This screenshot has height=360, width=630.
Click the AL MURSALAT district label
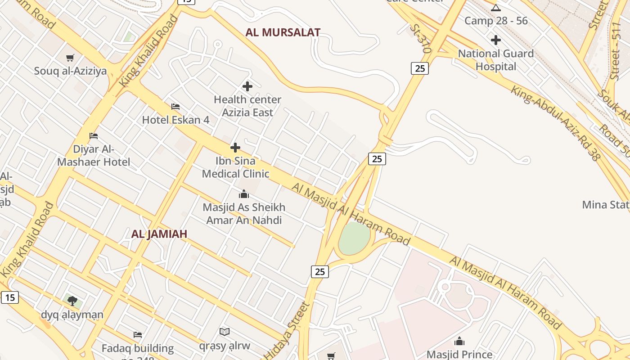pyautogui.click(x=283, y=32)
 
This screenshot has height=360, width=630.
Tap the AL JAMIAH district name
pyautogui.click(x=159, y=234)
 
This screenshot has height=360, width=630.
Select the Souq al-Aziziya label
pyautogui.click(x=71, y=71)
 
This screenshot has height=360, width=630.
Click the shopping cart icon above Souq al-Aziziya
pyautogui.click(x=70, y=58)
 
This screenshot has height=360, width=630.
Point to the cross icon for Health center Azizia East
pyautogui.click(x=247, y=86)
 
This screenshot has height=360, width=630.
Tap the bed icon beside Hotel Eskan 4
pyautogui.click(x=175, y=107)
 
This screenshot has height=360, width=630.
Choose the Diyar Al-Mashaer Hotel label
pyautogui.click(x=94, y=156)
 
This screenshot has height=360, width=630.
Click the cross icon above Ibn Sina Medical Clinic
pyautogui.click(x=235, y=148)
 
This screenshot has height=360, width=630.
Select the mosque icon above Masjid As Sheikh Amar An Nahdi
pyautogui.click(x=244, y=194)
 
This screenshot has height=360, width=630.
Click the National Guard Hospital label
pyautogui.click(x=496, y=60)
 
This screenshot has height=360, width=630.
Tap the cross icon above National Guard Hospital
pyautogui.click(x=496, y=40)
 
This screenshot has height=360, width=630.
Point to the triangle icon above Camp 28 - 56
pyautogui.click(x=496, y=8)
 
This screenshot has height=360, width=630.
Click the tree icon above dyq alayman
pyautogui.click(x=72, y=301)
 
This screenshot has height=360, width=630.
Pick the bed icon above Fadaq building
pyautogui.click(x=138, y=335)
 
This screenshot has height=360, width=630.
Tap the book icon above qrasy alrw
pyautogui.click(x=225, y=332)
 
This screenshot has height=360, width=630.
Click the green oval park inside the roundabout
pyautogui.click(x=354, y=238)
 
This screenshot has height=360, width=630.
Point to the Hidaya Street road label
pyautogui.click(x=288, y=330)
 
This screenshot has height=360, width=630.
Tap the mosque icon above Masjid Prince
pyautogui.click(x=459, y=341)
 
